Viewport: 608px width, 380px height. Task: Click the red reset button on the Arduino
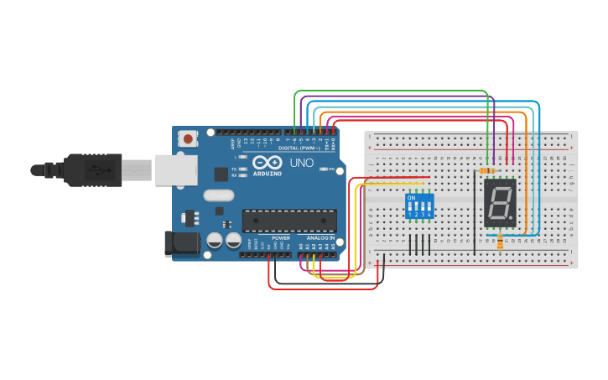pyautogui.click(x=189, y=138)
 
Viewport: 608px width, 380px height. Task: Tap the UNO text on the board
pyautogui.click(x=301, y=162)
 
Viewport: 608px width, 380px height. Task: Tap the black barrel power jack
pyautogui.click(x=184, y=243)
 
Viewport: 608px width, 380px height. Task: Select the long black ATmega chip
pyautogui.click(x=289, y=220)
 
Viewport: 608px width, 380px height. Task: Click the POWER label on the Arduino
pyautogui.click(x=281, y=238)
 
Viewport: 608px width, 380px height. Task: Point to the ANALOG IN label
pyautogui.click(x=320, y=238)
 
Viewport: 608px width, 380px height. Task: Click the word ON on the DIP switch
pyautogui.click(x=410, y=198)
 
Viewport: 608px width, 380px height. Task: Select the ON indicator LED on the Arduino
pyautogui.click(x=323, y=169)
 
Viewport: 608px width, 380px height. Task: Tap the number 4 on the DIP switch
pyautogui.click(x=429, y=215)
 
